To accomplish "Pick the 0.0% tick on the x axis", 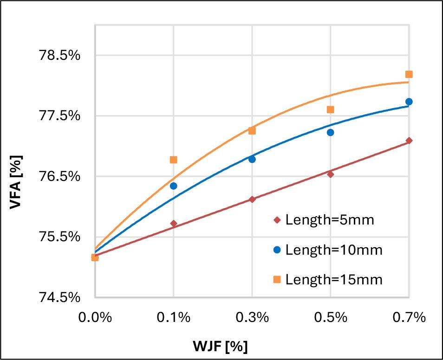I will (95, 318).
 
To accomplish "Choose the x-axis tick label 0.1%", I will (173, 318).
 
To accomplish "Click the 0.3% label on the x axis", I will (252, 318).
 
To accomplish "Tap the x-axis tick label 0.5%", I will (330, 318).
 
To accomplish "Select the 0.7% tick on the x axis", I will (409, 318).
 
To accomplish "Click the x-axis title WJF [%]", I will (221, 346).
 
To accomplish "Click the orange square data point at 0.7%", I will (409, 74).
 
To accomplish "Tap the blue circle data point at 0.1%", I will (173, 186).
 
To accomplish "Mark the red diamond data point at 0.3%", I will (252, 199).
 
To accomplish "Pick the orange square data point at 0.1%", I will (173, 160).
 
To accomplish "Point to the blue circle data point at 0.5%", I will (330, 132).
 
